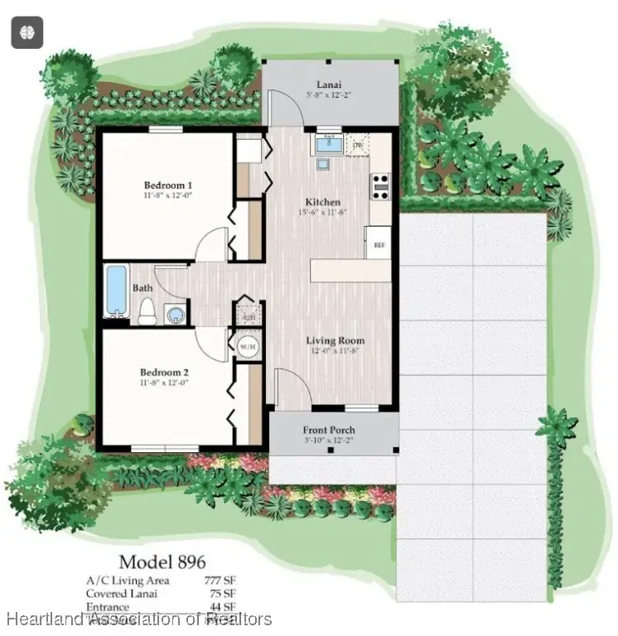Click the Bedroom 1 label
[x=168, y=185]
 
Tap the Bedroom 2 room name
[x=168, y=373]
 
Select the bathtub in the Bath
[x=116, y=291]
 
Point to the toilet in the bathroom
[x=147, y=311]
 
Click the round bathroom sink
[x=175, y=315]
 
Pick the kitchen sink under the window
[x=330, y=146]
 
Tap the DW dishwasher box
[x=357, y=146]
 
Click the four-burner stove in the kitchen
[x=380, y=187]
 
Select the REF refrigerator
[x=379, y=245]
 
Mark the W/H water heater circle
[x=247, y=345]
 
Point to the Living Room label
[x=336, y=340]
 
